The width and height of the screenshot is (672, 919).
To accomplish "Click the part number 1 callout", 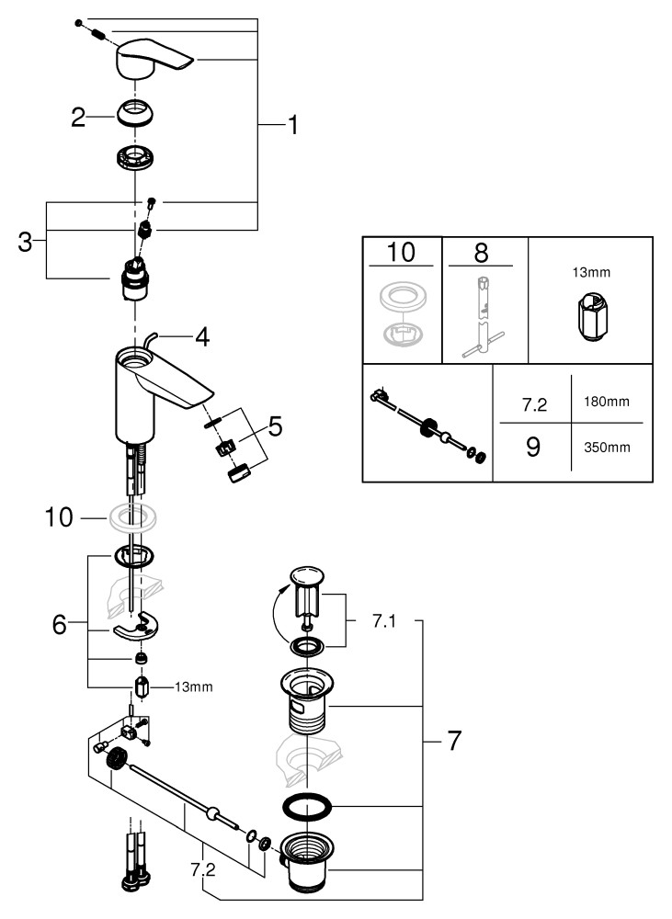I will click(292, 126).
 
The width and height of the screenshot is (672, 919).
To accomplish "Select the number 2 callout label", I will click(79, 117).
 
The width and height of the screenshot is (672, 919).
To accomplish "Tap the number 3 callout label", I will click(26, 243).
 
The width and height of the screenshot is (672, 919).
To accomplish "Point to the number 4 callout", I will click(201, 337).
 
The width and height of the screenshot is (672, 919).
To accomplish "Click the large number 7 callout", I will click(453, 741).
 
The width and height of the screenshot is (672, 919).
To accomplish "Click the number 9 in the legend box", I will click(531, 447).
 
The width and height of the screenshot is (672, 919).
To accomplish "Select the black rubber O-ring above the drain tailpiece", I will click(305, 810).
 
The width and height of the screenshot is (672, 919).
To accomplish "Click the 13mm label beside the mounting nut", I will click(193, 687).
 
